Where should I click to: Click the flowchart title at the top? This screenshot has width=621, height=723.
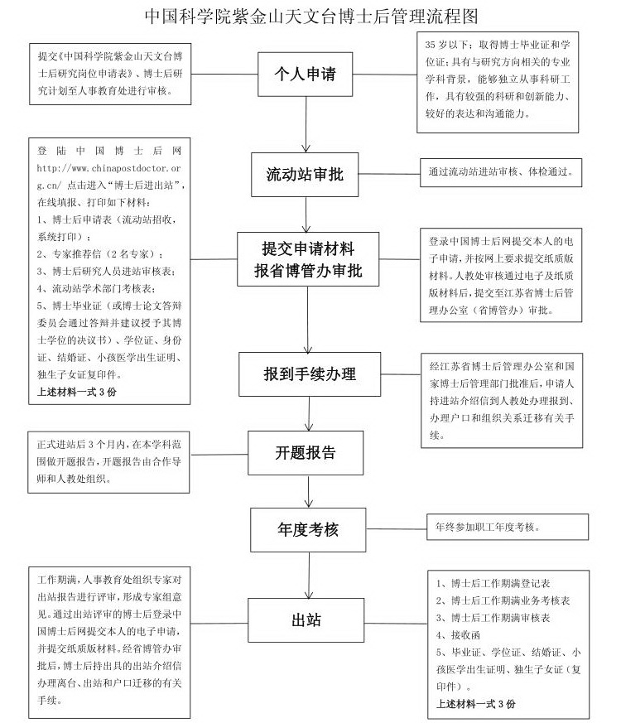click(x=311, y=16)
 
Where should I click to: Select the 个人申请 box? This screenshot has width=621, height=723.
click(x=306, y=74)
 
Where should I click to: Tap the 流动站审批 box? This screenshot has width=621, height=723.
click(x=305, y=174)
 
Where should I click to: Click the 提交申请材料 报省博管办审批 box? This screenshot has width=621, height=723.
click(x=308, y=259)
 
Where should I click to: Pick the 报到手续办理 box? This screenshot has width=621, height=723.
click(x=310, y=374)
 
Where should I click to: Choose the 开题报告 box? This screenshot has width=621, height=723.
click(x=306, y=453)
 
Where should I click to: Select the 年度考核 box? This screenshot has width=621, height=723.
click(x=308, y=530)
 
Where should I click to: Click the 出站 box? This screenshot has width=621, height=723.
click(x=306, y=620)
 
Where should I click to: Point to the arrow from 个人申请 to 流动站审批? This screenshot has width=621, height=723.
click(x=306, y=124)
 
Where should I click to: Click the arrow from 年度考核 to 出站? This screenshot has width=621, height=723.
click(x=309, y=575)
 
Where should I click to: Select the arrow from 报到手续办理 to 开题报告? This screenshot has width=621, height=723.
click(x=309, y=413)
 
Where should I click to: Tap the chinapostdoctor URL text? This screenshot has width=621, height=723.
click(x=108, y=176)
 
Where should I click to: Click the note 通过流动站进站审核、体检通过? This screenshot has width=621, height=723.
click(x=501, y=172)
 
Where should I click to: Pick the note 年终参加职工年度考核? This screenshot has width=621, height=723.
click(x=488, y=527)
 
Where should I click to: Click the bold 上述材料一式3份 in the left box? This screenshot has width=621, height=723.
click(x=76, y=392)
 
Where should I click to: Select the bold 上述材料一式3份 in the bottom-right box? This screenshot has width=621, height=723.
click(x=476, y=704)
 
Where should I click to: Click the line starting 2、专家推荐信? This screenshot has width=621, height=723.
click(x=100, y=254)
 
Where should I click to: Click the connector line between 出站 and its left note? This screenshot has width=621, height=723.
click(x=219, y=624)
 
